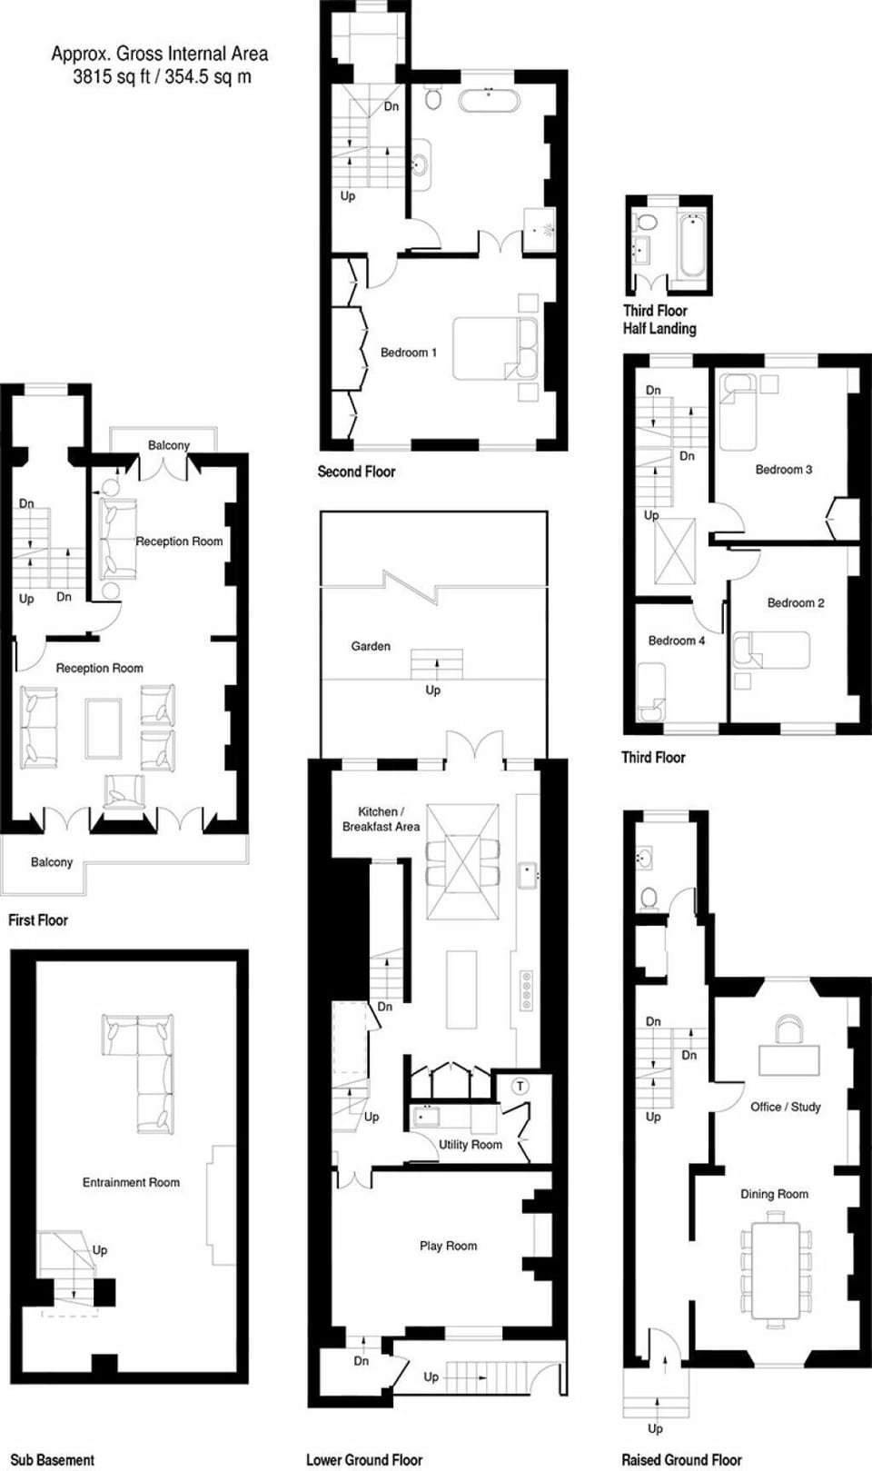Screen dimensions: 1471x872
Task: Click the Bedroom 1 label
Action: pos(408,353)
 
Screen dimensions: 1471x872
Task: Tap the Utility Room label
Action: pos(471,1145)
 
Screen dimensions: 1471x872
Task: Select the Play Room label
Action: pos(448,1246)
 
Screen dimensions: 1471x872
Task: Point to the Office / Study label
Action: pos(786,1107)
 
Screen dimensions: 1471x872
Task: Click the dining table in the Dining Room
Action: pos(774,1271)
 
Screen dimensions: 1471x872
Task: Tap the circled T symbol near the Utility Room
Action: pos(520,1086)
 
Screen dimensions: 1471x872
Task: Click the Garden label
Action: pos(371,646)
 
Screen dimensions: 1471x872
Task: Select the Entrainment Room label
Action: pos(131,1182)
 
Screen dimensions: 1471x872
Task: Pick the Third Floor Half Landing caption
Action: pos(659,319)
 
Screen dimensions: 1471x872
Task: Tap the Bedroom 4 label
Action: pos(676,641)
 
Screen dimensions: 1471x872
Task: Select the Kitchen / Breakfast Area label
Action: pos(381,819)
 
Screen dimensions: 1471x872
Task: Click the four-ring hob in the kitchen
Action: pos(526,990)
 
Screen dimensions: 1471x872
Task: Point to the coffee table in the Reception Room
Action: pos(104,728)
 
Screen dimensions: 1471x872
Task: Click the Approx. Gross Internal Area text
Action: pos(160,65)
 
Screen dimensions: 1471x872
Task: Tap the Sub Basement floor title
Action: pos(52,1459)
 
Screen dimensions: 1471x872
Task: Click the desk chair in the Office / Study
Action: pos(788,1029)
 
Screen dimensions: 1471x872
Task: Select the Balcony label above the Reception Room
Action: pos(169,445)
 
